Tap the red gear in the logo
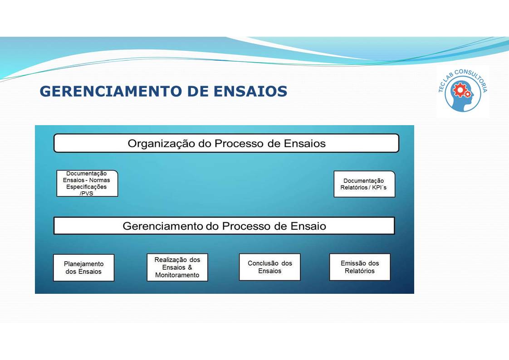[x=460, y=91]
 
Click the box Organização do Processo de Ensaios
[x=226, y=143]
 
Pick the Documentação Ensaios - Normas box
[x=87, y=183]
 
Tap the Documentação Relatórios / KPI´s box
[x=364, y=184]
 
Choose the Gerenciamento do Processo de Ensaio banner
[x=224, y=226]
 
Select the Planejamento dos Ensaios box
[x=83, y=268]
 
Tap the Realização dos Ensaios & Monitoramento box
[x=177, y=268]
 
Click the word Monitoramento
[x=177, y=275]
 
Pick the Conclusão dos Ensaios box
[x=269, y=267]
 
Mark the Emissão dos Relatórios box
[x=360, y=267]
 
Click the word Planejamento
[x=83, y=264]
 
